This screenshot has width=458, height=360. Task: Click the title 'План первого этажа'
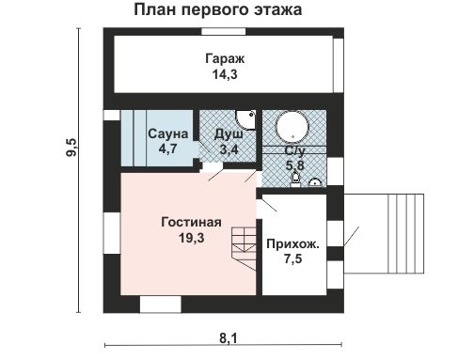217,10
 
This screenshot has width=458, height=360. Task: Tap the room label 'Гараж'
222,59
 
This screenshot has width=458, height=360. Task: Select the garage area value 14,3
222,74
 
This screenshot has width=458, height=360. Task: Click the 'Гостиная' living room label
190,223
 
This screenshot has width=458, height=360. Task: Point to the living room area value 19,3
190,239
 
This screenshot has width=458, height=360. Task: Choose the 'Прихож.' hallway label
292,243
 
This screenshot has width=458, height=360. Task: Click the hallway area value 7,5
292,259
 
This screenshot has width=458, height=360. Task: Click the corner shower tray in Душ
246,118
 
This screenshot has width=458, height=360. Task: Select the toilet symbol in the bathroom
296,178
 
